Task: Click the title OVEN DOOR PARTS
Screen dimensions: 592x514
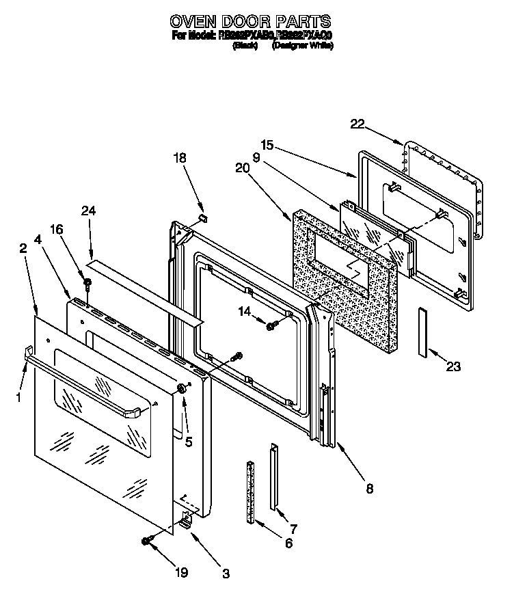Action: (250, 22)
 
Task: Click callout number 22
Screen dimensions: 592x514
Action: (357, 124)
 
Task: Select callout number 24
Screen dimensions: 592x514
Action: (87, 211)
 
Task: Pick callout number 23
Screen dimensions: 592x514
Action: (452, 366)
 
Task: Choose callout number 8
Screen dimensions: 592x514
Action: (370, 488)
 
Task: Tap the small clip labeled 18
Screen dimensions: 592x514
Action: (202, 217)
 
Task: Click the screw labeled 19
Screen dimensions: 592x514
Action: (146, 541)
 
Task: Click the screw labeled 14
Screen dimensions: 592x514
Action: (271, 325)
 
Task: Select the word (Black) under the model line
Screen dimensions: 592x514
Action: (244, 46)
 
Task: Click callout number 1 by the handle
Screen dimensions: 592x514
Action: (19, 395)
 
